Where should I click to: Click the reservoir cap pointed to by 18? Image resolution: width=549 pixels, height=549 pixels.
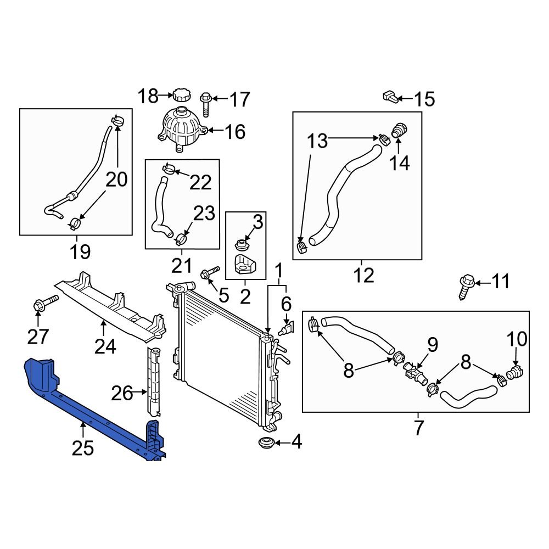point(181,94)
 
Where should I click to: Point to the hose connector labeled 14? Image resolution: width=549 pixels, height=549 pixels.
point(399,132)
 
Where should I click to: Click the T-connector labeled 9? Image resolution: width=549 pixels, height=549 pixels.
point(416,374)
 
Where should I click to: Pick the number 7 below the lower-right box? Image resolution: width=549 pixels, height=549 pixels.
point(418,427)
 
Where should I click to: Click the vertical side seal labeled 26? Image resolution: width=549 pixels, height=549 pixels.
point(154,380)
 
